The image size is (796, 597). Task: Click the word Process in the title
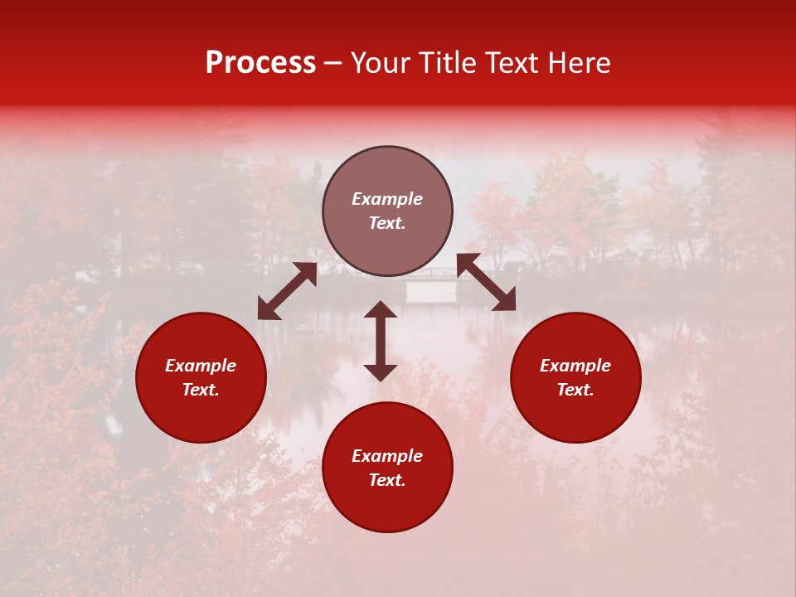pos(260,63)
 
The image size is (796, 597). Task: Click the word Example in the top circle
pos(387,199)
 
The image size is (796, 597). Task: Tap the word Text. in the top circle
pos(387,223)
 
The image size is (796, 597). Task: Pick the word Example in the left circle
pos(201,366)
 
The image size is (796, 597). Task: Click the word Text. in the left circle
pos(201,390)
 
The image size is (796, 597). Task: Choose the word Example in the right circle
pos(575,366)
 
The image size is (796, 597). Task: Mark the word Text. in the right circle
pos(575,390)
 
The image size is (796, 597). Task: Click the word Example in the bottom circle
pos(387,456)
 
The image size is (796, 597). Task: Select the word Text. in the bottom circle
pos(387,480)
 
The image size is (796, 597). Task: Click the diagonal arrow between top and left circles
pos(287,291)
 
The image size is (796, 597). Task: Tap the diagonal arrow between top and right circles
pos(486,282)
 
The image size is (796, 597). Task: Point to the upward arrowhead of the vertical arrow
pos(381,309)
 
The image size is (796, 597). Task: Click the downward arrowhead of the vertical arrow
pos(381,372)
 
